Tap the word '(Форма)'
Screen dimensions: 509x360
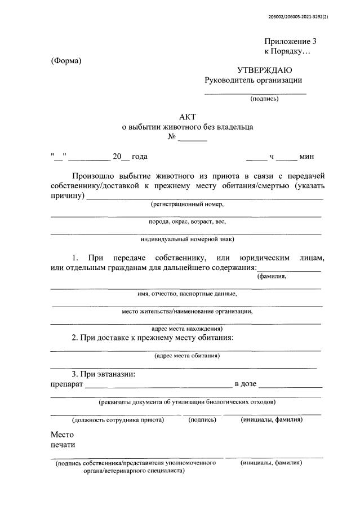[x=66, y=60]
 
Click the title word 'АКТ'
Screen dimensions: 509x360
[x=186, y=117]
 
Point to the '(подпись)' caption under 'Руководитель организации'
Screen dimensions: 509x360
[x=264, y=99]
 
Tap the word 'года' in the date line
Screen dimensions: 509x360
[x=140, y=156]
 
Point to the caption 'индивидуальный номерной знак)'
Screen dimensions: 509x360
[x=187, y=239]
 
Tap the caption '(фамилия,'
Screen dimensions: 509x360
[x=272, y=276]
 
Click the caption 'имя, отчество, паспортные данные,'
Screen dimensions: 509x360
[x=187, y=294]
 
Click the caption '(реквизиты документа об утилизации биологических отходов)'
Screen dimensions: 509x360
[x=187, y=402]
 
